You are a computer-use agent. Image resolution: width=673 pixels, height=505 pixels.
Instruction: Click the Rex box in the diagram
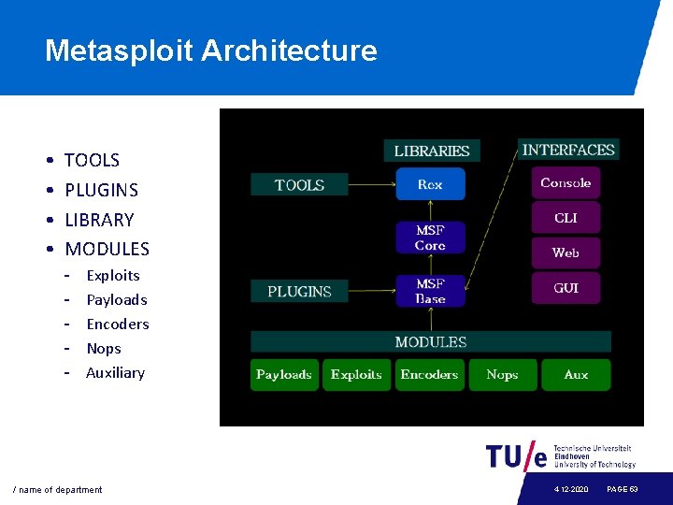pos(430,184)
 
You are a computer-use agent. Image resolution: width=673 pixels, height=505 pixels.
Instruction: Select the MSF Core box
pos(430,238)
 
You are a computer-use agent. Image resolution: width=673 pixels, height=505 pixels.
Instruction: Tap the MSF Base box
pos(430,291)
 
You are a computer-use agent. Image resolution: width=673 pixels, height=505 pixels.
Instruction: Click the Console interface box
pos(566,183)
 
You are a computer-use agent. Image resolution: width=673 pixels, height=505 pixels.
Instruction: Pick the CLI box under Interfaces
pos(566,218)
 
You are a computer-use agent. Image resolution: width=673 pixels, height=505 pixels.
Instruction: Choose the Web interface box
pos(566,252)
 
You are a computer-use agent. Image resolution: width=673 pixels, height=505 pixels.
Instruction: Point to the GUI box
pos(566,288)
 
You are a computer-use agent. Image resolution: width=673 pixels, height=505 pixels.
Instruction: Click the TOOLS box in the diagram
pos(299,185)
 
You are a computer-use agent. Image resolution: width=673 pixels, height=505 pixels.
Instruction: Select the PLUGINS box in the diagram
pos(299,292)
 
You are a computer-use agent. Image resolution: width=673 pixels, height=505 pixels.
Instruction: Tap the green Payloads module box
pos(284,375)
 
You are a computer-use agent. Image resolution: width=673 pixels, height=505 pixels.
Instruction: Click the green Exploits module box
pos(356,375)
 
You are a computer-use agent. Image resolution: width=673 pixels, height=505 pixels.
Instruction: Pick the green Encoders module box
pos(429,375)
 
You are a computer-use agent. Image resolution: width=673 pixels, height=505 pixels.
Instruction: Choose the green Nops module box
pos(502,375)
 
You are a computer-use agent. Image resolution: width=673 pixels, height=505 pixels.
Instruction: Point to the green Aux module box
pos(576,375)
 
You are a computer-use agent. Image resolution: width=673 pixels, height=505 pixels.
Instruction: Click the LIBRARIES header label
pos(432,151)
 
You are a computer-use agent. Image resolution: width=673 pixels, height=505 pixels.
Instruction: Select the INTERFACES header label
pos(568,150)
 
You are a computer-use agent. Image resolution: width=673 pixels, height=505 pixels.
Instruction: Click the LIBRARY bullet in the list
pos(99,220)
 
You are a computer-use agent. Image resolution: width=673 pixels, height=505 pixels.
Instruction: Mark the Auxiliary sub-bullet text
pos(115,372)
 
